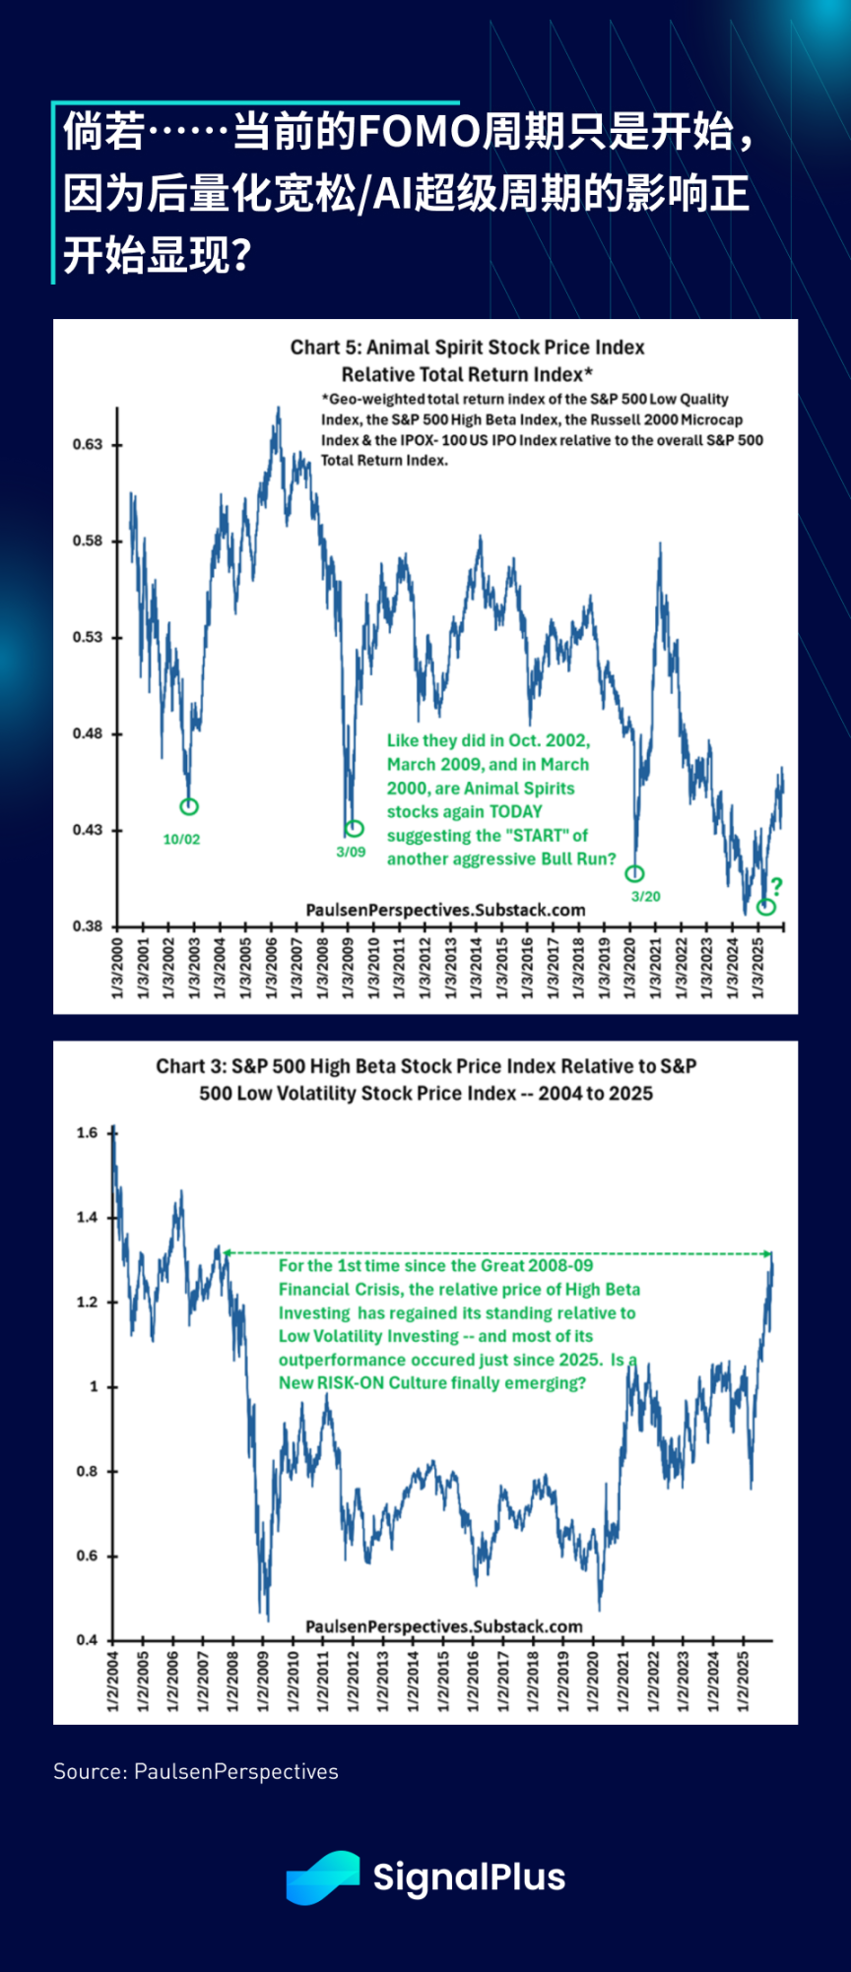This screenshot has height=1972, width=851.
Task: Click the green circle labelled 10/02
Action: (x=189, y=806)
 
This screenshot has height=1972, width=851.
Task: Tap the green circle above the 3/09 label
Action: (x=355, y=828)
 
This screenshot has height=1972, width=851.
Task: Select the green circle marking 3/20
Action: (x=635, y=873)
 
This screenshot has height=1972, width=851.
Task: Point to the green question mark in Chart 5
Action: (x=776, y=886)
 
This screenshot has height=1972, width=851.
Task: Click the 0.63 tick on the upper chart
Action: (x=88, y=444)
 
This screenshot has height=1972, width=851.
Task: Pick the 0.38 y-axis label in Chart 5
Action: (x=88, y=925)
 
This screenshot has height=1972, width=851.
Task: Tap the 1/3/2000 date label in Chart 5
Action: (x=117, y=968)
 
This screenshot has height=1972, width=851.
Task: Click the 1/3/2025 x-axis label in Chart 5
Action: (x=757, y=968)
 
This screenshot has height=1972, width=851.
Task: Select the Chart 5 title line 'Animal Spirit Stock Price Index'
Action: (x=467, y=347)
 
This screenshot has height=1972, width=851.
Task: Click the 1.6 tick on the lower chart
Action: (x=88, y=1132)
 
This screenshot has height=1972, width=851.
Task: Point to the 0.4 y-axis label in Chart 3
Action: (x=88, y=1639)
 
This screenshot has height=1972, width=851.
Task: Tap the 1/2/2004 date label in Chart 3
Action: (x=112, y=1681)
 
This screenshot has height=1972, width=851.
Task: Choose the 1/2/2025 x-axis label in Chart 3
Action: (x=743, y=1681)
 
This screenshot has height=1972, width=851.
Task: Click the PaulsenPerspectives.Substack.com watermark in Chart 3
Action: (x=444, y=1626)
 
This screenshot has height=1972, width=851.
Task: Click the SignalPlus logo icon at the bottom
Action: (x=322, y=1877)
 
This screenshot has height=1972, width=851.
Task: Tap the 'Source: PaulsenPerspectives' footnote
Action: (x=196, y=1771)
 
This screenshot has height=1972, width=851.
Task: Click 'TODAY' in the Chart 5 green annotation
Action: (x=515, y=811)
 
